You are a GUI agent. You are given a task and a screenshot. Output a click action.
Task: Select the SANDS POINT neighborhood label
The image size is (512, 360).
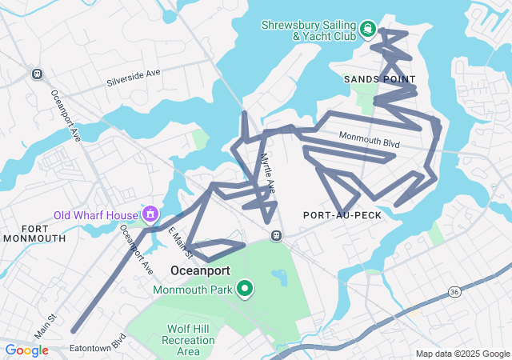click(x=380, y=79)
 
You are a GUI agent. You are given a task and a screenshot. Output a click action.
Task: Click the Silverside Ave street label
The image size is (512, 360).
click(x=134, y=78)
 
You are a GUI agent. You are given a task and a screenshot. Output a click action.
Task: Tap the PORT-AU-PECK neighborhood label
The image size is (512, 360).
click(x=342, y=215)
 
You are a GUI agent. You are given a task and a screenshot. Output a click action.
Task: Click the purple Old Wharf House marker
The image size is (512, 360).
click(x=150, y=214)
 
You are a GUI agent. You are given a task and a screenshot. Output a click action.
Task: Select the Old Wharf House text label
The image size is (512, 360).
click(x=96, y=214)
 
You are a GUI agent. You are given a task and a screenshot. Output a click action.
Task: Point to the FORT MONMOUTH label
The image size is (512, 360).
click(x=34, y=233)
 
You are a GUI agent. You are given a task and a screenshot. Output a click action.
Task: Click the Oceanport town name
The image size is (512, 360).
click(x=201, y=270)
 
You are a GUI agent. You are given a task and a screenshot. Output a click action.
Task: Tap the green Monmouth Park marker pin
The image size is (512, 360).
click(x=245, y=288)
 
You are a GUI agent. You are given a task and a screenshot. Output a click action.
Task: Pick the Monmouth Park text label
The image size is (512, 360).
click(x=193, y=289)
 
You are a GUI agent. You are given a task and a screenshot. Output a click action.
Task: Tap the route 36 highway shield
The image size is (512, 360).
click(x=454, y=290)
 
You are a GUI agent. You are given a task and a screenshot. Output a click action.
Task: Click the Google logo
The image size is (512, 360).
click(x=27, y=350)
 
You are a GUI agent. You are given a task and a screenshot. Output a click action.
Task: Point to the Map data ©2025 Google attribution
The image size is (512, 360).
click(x=462, y=354)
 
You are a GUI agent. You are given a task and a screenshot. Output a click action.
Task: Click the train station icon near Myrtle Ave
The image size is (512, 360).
click(x=276, y=235)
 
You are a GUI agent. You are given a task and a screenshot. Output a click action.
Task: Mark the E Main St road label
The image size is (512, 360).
click(x=180, y=242)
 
